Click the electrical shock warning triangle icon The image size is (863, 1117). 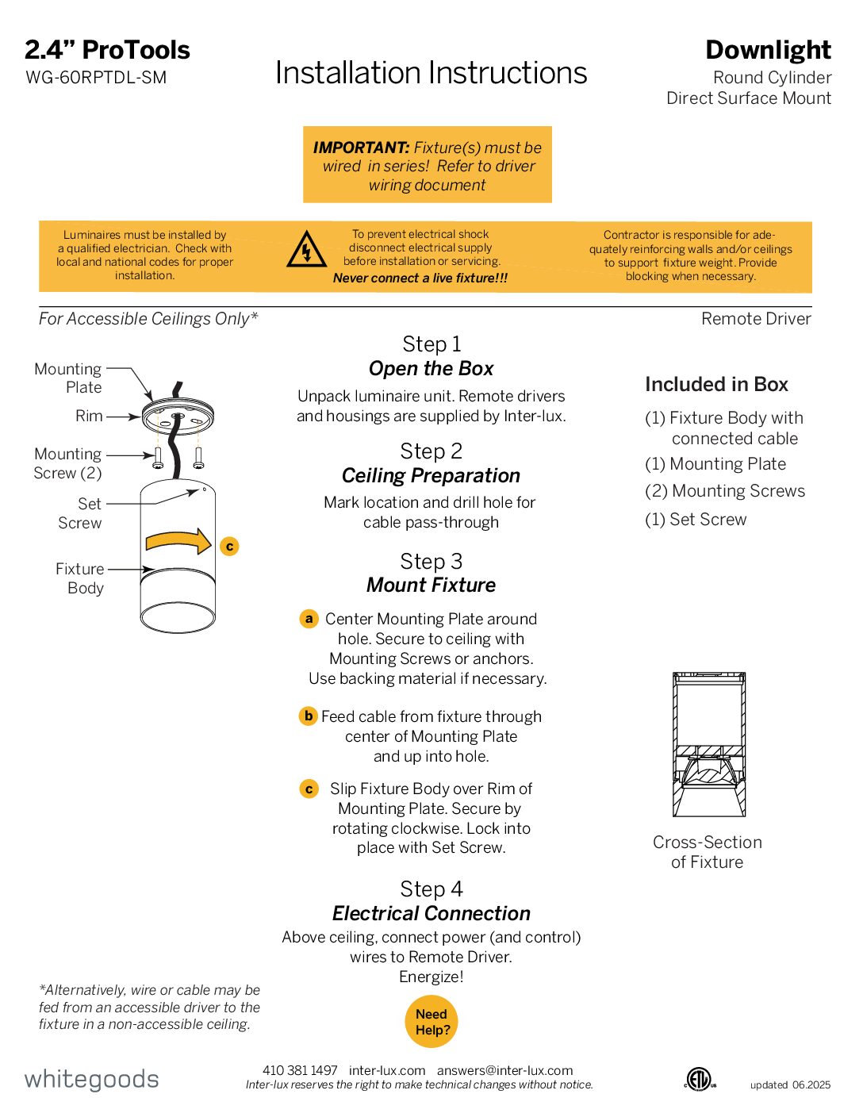tap(306, 250)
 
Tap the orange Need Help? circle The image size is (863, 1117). tap(431, 1022)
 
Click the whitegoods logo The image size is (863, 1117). tap(91, 1079)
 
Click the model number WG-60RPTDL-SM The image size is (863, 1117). tap(96, 78)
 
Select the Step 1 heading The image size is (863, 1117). tap(431, 344)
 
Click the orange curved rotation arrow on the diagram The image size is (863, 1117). tap(178, 542)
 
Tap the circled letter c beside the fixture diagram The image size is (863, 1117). tap(229, 546)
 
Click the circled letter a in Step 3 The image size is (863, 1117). tap(309, 619)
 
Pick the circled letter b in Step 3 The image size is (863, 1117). tap(308, 716)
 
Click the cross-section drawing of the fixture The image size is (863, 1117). tap(708, 744)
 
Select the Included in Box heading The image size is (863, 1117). tap(716, 385)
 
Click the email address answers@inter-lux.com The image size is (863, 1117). tap(504, 1070)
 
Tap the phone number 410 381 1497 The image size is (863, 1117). tap(300, 1070)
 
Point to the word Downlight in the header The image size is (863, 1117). tap(768, 50)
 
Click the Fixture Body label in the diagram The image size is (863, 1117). tap(80, 578)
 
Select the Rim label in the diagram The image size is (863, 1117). tap(89, 416)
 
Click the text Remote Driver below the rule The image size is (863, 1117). tap(756, 319)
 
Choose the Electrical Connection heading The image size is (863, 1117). tap(431, 913)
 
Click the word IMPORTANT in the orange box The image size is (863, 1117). tap(361, 148)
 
